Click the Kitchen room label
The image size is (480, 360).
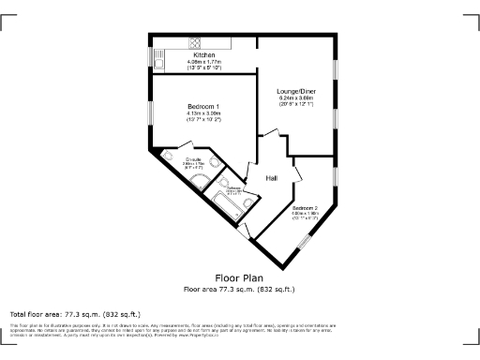tap(203, 55)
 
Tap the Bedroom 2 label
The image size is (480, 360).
tap(306, 207)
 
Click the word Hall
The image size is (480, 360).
tap(272, 178)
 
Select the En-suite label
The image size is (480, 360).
tap(195, 160)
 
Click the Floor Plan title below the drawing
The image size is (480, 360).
tap(239, 278)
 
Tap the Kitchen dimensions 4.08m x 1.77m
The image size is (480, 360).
tap(203, 62)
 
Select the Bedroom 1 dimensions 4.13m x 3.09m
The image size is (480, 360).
tap(203, 113)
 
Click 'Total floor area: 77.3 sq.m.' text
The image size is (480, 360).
tap(75, 314)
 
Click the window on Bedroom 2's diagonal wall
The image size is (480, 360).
tap(303, 243)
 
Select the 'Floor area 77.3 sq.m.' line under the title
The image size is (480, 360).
tap(239, 289)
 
